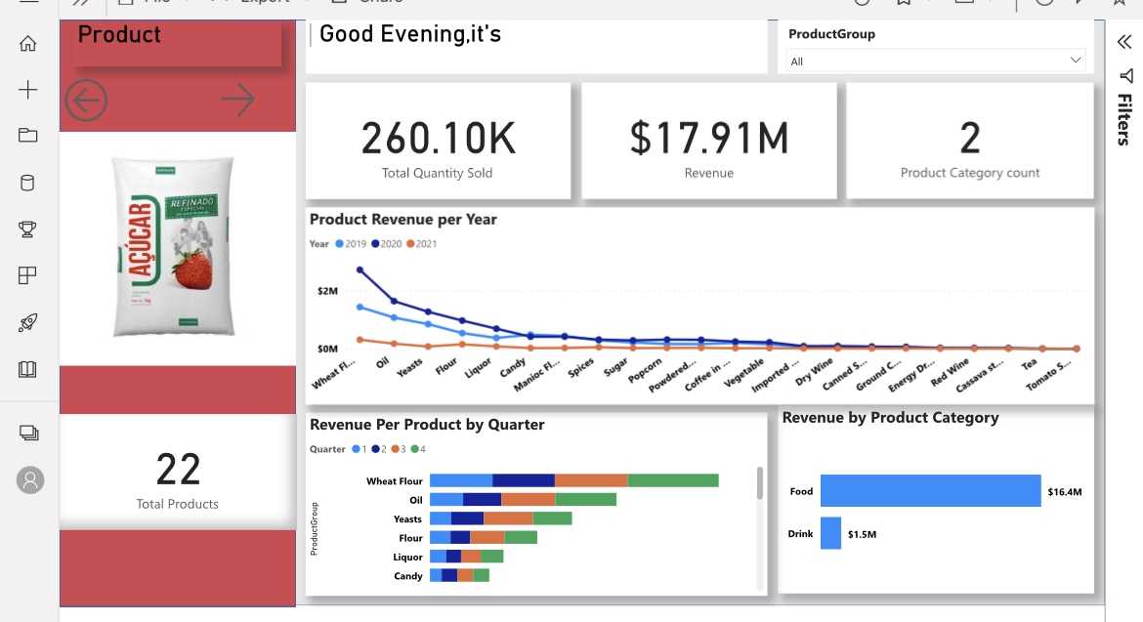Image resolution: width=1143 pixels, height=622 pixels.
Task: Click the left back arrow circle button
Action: point(86,100)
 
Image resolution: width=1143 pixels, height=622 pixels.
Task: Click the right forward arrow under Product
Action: point(237,99)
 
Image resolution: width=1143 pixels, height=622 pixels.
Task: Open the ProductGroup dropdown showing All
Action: point(936,61)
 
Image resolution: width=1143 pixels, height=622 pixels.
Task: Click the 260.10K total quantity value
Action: point(438,139)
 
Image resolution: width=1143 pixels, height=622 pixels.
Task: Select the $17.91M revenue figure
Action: point(708,139)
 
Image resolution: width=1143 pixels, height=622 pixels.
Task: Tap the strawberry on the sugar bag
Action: point(192,270)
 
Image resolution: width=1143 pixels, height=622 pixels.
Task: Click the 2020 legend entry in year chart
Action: point(388,244)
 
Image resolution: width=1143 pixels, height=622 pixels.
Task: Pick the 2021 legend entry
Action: point(422,244)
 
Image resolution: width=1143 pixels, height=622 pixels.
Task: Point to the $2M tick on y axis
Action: point(326,291)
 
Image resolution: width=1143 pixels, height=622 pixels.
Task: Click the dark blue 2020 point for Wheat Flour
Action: point(360,270)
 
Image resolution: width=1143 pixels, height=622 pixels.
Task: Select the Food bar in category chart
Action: point(930,491)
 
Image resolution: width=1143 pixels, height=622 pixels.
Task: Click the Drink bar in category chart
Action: point(830,533)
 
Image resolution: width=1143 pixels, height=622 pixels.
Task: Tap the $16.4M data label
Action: point(1064,492)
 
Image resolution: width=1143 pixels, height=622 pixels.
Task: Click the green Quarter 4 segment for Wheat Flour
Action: point(672,480)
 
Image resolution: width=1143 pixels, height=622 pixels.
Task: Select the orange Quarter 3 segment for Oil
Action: point(528,500)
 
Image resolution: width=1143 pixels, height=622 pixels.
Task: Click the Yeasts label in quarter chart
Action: point(407,519)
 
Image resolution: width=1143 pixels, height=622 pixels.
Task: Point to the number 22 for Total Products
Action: point(178,470)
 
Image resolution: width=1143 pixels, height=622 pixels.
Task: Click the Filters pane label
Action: point(1124,119)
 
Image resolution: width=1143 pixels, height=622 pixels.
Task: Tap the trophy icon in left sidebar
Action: point(27,229)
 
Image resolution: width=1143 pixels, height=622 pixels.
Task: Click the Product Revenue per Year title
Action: point(402,220)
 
